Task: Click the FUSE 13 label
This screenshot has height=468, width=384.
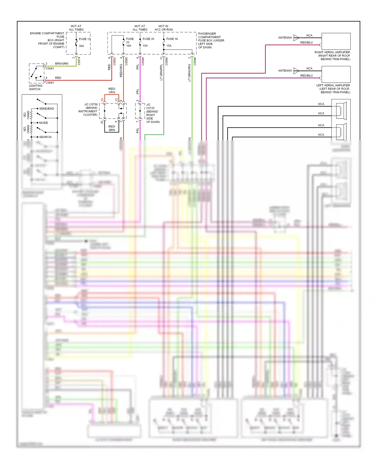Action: click(84, 39)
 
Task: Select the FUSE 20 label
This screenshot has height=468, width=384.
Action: click(148, 39)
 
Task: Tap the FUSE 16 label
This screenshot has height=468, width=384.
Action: click(172, 39)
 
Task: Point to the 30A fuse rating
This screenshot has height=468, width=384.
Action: click(81, 46)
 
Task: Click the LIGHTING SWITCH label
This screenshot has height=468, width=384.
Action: click(35, 88)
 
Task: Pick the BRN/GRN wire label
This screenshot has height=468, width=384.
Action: click(61, 64)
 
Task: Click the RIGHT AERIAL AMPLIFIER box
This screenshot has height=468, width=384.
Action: click(336, 41)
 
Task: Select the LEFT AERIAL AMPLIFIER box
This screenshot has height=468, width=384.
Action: click(336, 74)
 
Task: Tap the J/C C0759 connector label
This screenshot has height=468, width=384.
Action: click(91, 104)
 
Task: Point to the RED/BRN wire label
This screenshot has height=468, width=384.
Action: click(112, 128)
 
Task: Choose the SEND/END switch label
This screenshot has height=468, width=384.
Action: click(46, 109)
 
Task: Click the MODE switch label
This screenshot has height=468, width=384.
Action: click(44, 123)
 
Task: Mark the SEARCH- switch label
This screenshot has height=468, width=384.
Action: click(46, 137)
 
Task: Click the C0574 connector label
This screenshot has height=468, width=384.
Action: click(79, 61)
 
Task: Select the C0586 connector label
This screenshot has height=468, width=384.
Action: click(195, 61)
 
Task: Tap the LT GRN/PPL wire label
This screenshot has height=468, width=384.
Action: click(161, 72)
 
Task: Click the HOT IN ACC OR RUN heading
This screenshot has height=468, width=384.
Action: click(163, 28)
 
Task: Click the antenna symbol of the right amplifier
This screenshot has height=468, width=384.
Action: click(296, 38)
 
